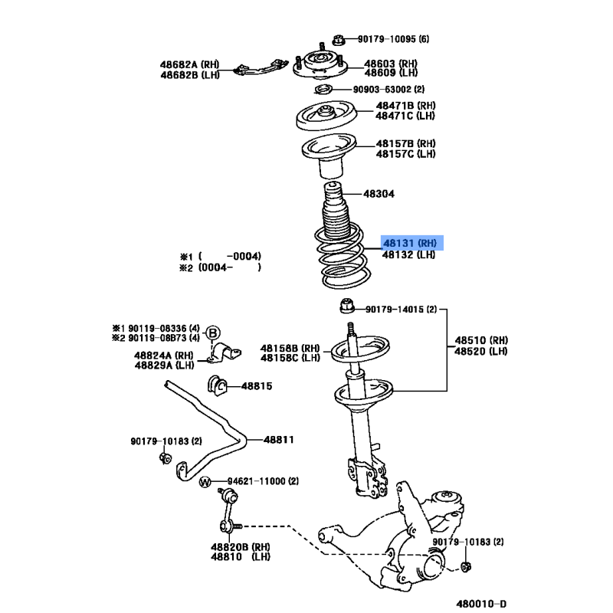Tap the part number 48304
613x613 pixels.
coord(379,194)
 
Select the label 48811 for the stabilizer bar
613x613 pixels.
coord(278,440)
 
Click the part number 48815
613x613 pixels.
coord(257,386)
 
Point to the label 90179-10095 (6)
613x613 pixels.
coord(393,39)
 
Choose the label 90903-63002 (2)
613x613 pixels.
coord(388,90)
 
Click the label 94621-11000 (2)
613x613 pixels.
coord(263,481)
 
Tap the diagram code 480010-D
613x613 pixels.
coord(481,604)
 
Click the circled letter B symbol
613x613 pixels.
coord(213,333)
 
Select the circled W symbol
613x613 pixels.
coord(205,482)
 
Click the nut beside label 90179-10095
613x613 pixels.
coord(339,40)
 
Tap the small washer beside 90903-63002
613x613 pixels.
coord(323,90)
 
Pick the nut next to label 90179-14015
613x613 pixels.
coord(347,306)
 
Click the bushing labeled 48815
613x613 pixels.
coord(217,385)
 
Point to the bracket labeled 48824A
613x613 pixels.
coord(225,352)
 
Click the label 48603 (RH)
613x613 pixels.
coord(391,64)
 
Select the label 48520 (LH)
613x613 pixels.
coord(481,352)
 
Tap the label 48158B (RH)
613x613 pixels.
coord(290,349)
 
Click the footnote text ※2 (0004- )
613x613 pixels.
coord(220,267)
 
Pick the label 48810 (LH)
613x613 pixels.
coord(241,557)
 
